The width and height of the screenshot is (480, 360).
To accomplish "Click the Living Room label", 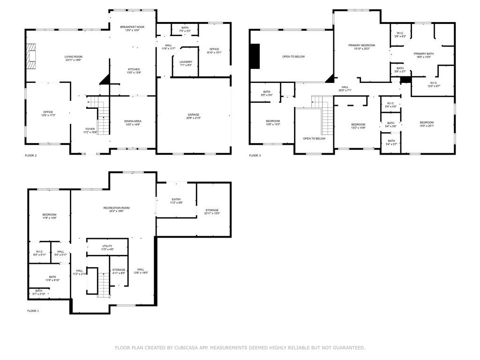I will point(73,58).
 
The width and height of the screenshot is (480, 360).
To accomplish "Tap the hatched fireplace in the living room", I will point(31,56).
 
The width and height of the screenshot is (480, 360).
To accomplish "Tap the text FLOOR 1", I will point(33,311).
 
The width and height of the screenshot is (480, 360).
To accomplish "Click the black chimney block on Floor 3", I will point(255,56).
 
